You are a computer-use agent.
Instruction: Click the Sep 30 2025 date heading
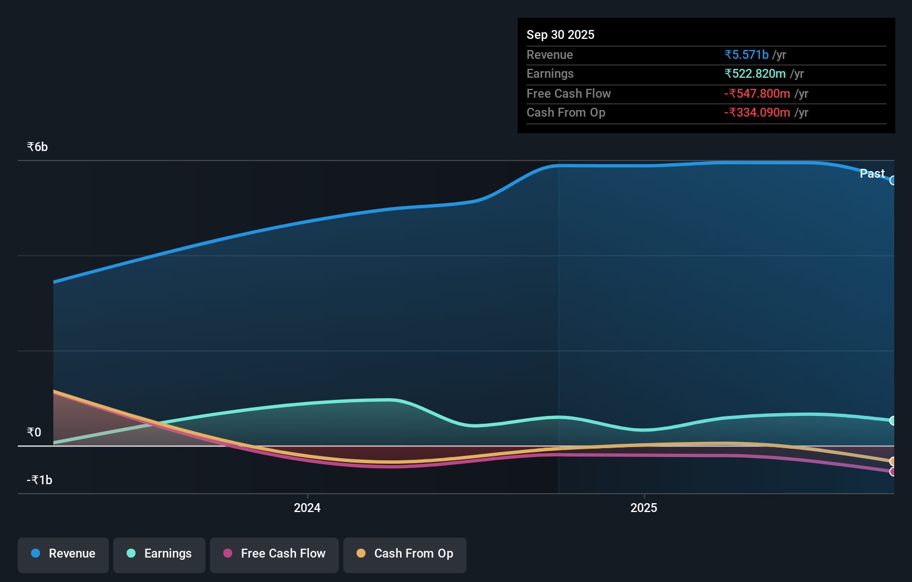(x=560, y=34)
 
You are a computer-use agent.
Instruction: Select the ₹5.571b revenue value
(x=746, y=54)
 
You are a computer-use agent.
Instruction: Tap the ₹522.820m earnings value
(x=755, y=73)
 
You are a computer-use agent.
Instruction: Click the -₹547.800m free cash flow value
(x=757, y=93)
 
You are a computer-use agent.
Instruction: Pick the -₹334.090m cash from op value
(x=757, y=112)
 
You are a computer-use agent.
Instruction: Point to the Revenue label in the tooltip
(x=549, y=54)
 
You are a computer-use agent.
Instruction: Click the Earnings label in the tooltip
(x=550, y=73)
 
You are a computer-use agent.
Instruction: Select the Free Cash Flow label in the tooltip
(x=568, y=93)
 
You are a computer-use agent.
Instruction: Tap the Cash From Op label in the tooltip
(x=565, y=112)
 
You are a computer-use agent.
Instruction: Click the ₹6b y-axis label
(x=37, y=147)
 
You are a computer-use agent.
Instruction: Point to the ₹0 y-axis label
(x=34, y=432)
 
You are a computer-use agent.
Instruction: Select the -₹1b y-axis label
(x=39, y=480)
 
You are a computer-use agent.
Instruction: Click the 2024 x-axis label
(x=307, y=508)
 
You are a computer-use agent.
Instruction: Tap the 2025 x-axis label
(x=644, y=508)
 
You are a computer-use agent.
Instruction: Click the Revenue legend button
(x=63, y=554)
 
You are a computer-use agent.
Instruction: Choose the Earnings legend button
(x=159, y=554)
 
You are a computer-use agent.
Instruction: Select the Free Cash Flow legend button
(x=274, y=554)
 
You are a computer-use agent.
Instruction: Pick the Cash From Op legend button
(x=405, y=554)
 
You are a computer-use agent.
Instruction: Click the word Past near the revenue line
(x=872, y=173)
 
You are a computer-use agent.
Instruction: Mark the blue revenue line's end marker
(x=893, y=180)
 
